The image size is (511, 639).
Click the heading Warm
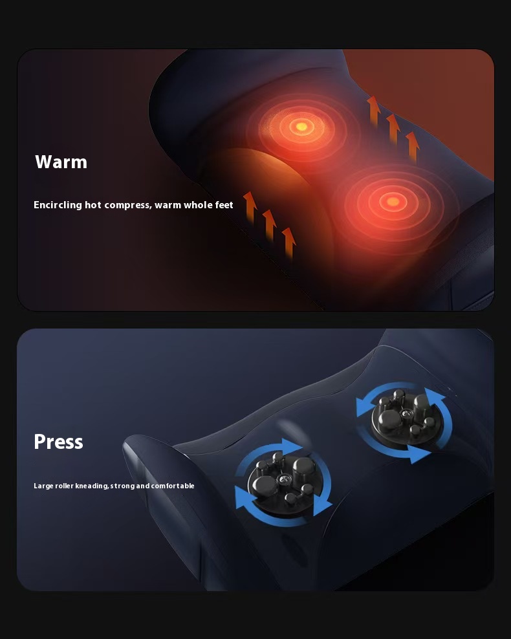pyautogui.click(x=61, y=162)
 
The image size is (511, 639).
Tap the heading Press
pyautogui.click(x=58, y=442)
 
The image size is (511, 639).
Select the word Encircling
pyautogui.click(x=58, y=205)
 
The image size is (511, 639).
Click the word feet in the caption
pyautogui.click(x=224, y=204)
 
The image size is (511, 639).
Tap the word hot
pyautogui.click(x=93, y=204)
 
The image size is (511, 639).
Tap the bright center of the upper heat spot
pyautogui.click(x=301, y=126)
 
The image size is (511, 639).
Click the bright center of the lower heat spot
pyautogui.click(x=392, y=201)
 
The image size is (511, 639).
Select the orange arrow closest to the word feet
pyautogui.click(x=250, y=207)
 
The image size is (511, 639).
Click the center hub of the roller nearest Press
pyautogui.click(x=281, y=480)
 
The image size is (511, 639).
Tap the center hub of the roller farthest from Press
pyautogui.click(x=406, y=413)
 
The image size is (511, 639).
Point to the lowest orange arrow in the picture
pyautogui.click(x=289, y=243)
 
